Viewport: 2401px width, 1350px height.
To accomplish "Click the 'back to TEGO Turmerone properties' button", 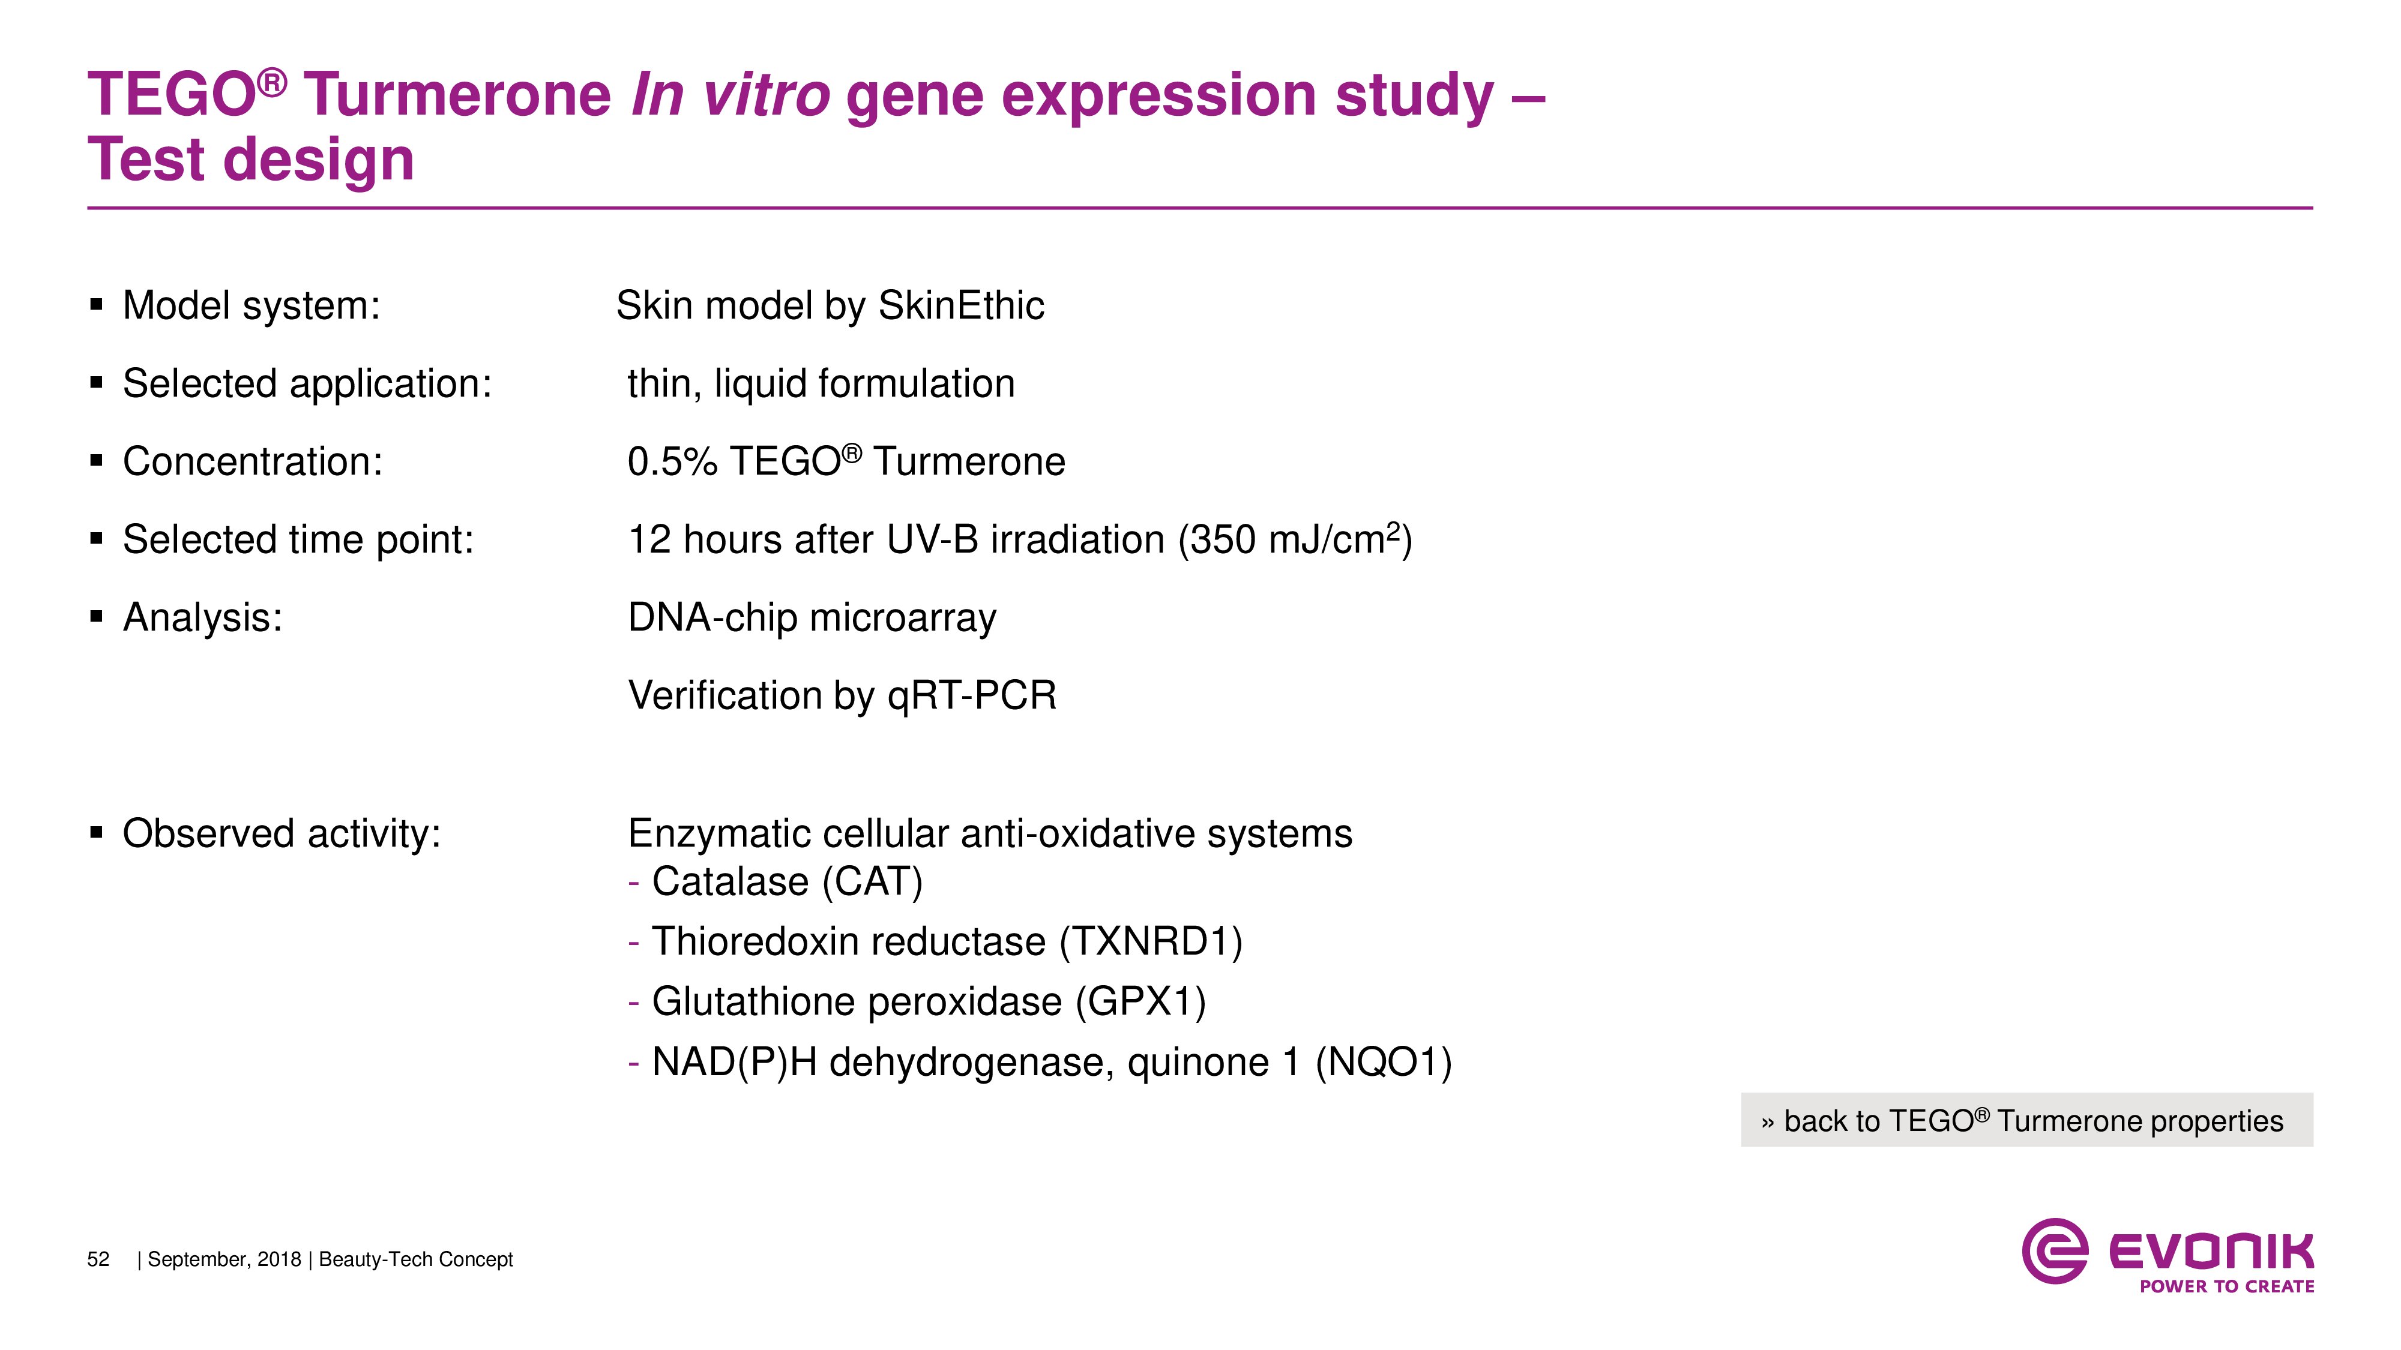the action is coord(2026,1120).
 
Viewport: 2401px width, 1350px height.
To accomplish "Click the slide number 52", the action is coord(98,1259).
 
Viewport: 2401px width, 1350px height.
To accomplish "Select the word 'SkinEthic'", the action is coord(961,305).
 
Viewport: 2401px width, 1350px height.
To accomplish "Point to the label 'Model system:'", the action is coord(252,305).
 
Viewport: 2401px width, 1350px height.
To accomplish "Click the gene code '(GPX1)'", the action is coord(1141,1001).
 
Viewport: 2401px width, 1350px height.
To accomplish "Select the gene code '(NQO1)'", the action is coord(1383,1062).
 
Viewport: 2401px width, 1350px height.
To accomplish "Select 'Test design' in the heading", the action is coord(251,160).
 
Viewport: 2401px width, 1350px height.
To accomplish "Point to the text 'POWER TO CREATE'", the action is coord(2227,1286).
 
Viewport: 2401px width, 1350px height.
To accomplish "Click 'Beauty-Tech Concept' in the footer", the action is coord(416,1259).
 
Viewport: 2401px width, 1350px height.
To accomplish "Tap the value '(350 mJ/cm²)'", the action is coord(1295,539).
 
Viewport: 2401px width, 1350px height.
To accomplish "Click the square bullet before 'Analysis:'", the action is coord(96,616).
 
